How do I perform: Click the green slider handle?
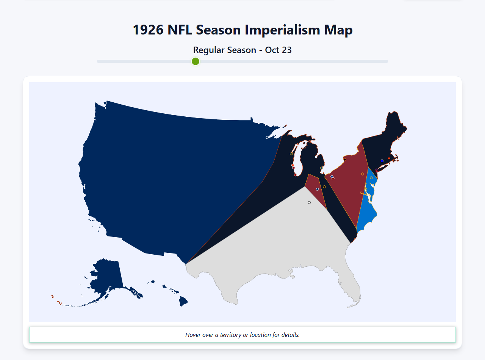coord(196,61)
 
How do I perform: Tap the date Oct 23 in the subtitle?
coord(278,50)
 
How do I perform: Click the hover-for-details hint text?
coord(242,335)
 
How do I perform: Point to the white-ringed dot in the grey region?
coord(309,202)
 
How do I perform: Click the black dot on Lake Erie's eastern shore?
coord(344,160)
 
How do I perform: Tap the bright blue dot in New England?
coord(382,161)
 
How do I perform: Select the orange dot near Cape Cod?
coord(389,158)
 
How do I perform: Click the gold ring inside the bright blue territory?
coord(371,178)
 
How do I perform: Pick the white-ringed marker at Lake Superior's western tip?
coord(267,138)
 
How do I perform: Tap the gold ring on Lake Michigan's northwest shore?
coord(291,154)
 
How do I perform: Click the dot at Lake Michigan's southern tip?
coord(295,175)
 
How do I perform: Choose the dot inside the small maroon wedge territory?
coord(318,189)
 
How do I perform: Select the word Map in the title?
coord(339,30)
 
